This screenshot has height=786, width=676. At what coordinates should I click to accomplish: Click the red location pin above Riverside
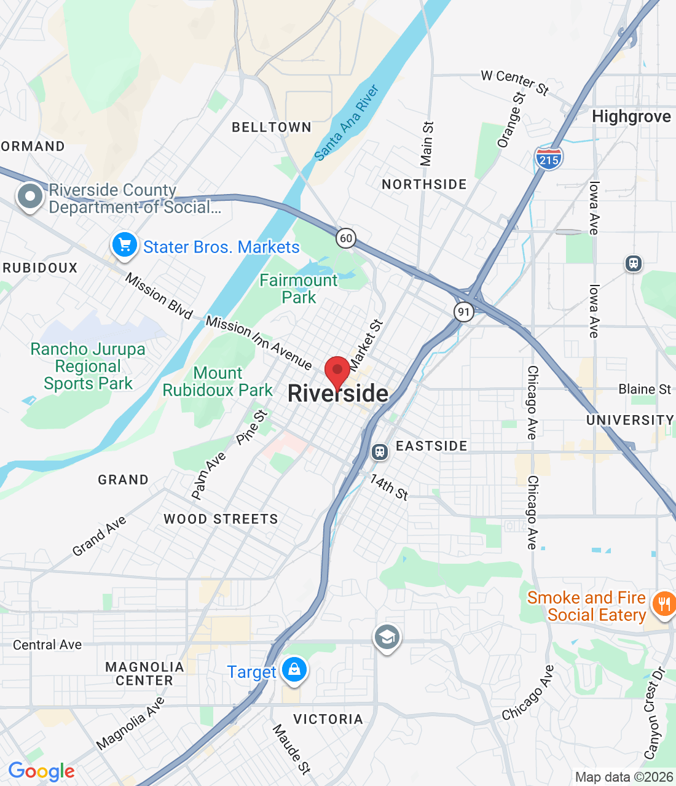337,370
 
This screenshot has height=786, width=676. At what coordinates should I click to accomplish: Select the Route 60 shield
346,238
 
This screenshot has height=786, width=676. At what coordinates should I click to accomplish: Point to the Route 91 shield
463,311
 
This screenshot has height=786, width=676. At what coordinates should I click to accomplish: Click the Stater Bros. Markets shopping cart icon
125,246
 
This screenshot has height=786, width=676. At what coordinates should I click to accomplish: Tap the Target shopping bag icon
294,670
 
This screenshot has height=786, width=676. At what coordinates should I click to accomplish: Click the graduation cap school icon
387,638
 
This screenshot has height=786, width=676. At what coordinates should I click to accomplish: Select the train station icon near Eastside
380,452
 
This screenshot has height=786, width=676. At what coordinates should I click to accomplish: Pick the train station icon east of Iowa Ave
633,263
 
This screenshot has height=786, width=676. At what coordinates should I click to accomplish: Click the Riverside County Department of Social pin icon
30,197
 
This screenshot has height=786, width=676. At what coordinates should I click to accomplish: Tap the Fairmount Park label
299,289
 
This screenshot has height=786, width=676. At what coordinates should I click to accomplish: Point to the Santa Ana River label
347,123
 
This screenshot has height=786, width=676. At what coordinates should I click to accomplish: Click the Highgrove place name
631,117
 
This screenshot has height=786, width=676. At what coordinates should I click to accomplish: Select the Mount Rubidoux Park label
218,381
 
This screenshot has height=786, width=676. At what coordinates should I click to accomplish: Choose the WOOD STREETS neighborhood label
221,519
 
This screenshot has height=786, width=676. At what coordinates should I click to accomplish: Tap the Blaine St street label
645,389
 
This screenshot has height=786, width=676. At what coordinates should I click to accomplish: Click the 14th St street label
389,487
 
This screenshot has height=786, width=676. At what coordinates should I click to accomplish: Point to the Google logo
42,771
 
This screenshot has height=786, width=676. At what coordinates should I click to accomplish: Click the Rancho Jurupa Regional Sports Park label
88,366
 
